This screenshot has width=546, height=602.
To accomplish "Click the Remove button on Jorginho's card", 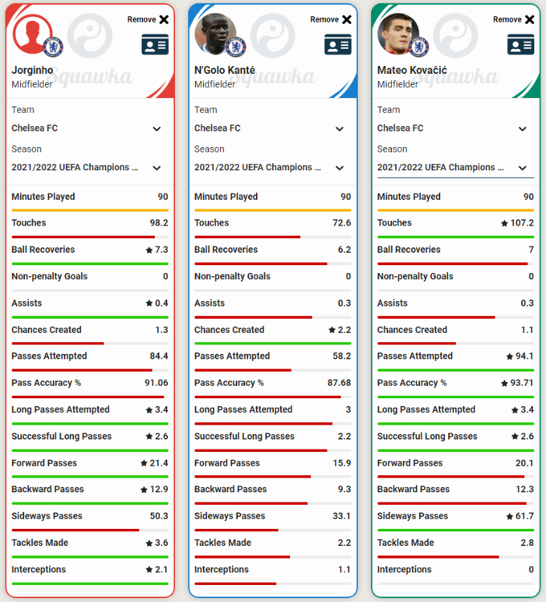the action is (148, 19).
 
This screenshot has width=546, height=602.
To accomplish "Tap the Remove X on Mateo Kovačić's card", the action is (529, 19).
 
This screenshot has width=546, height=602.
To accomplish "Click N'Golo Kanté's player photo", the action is (215, 35).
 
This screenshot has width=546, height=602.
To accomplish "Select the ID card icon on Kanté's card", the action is (338, 44).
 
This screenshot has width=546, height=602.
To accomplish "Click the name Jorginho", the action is (32, 70).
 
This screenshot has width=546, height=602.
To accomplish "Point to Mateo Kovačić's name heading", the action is (412, 70).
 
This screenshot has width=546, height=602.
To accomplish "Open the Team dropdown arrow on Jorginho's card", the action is (157, 128).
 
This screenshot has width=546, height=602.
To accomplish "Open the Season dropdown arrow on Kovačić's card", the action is (522, 168).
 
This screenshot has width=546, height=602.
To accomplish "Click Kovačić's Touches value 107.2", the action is (522, 222).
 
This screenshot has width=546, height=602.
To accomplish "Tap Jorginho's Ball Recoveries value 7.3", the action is (161, 250).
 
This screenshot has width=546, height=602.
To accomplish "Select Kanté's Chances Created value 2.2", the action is (344, 330).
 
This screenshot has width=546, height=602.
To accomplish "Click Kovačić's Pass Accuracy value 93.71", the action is (522, 383).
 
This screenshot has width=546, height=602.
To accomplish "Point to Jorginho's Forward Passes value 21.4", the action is (159, 463).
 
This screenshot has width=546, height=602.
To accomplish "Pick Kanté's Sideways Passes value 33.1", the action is (342, 516).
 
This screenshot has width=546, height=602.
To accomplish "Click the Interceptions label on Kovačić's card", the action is (405, 569).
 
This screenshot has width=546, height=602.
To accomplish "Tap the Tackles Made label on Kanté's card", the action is (222, 543).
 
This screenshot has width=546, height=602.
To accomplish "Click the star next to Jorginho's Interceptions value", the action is (149, 569).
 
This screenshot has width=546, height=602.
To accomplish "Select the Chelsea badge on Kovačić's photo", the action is (419, 47).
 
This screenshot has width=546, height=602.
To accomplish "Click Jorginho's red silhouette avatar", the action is (33, 35).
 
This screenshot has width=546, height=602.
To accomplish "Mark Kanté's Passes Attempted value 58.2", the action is (342, 356).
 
